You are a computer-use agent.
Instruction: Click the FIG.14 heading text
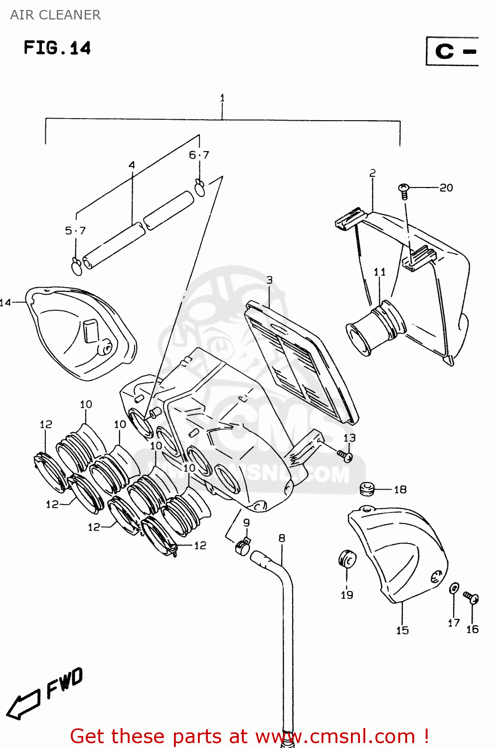[57, 48]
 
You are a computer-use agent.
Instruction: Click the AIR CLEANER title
[55, 15]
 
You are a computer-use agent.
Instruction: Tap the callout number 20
[446, 187]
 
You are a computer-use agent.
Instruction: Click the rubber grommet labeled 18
[367, 489]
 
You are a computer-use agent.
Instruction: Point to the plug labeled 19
[347, 560]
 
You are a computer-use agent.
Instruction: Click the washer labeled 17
[454, 588]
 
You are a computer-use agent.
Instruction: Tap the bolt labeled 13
[344, 455]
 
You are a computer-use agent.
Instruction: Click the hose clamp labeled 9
[243, 545]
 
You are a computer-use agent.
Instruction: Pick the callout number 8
[282, 538]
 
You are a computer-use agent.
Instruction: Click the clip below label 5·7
[76, 267]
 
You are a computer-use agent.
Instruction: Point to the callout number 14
[5, 302]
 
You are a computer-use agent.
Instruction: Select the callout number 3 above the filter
[269, 280]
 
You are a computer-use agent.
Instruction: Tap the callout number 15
[402, 630]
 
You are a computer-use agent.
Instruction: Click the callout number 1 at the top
[222, 98]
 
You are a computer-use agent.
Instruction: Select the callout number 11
[379, 272]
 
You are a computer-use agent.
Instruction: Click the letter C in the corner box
[444, 51]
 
